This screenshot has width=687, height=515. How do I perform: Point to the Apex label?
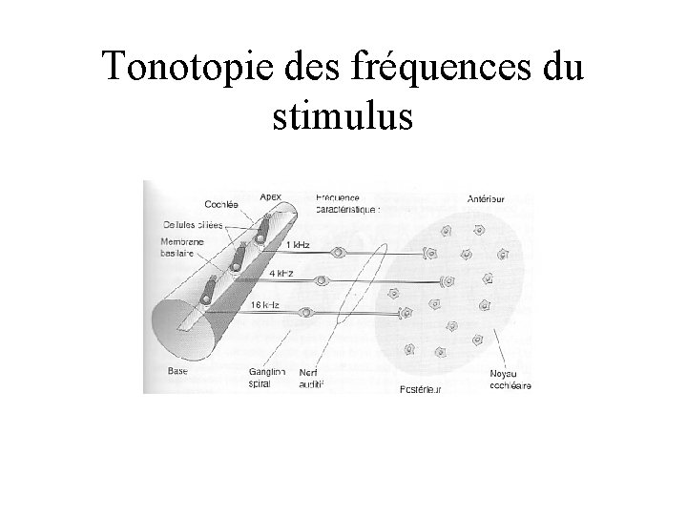point(271,196)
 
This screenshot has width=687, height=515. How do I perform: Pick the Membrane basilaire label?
point(180,247)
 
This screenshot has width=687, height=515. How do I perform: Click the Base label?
point(177,371)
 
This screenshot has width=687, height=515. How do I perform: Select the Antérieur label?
point(486,199)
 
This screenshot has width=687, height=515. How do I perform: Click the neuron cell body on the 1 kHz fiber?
point(340,253)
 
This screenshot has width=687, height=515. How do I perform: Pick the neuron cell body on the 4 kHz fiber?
point(323,281)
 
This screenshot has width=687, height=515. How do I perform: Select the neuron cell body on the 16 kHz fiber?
point(306,313)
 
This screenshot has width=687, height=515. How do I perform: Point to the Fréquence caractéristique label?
point(348,201)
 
